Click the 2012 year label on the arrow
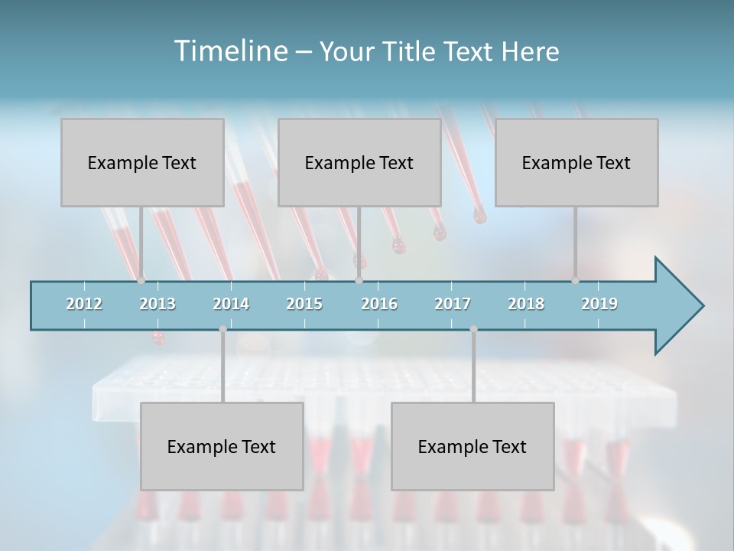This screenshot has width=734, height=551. click(x=84, y=304)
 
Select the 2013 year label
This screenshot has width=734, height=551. click(x=158, y=304)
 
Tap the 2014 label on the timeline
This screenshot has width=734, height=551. click(x=231, y=304)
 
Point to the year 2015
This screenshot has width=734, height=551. click(x=304, y=304)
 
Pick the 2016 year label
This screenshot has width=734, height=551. click(x=379, y=304)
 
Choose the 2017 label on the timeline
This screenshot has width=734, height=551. click(x=453, y=304)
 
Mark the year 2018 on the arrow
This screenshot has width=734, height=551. click(x=526, y=304)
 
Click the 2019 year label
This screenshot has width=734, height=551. click(x=599, y=304)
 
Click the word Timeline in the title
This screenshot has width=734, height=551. click(x=230, y=51)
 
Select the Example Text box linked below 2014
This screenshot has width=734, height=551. click(x=222, y=446)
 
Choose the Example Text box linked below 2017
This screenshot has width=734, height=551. click(x=473, y=446)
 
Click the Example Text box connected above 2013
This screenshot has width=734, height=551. click(x=142, y=162)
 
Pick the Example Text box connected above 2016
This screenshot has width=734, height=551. click(x=359, y=162)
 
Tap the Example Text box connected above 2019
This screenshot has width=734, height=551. click(x=576, y=162)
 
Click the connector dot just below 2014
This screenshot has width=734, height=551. click(x=222, y=329)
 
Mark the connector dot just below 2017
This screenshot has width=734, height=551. click(x=473, y=329)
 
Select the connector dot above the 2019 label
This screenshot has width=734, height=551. click(x=575, y=281)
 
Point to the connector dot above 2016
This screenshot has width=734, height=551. click(x=359, y=281)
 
